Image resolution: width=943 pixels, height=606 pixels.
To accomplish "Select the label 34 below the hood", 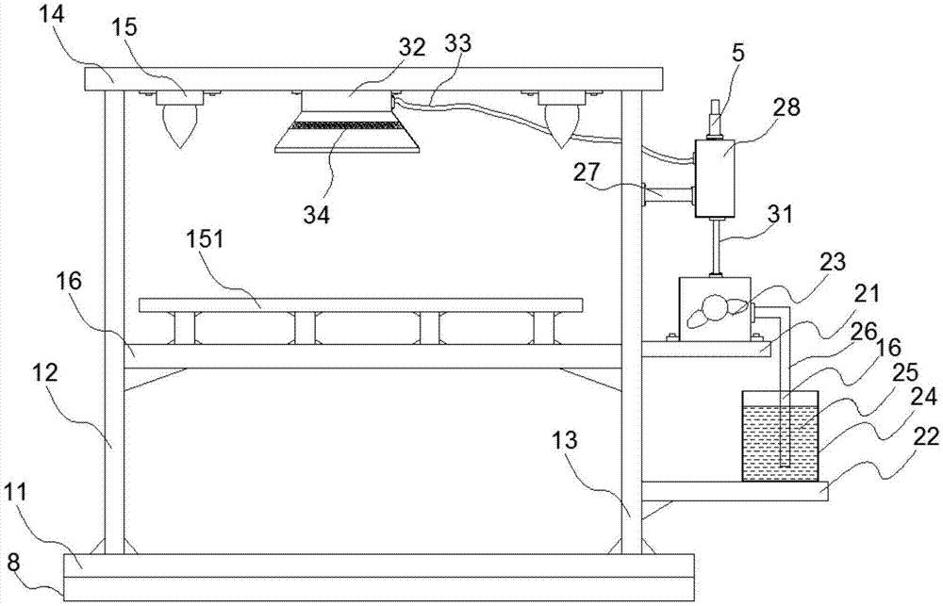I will coord(316,215).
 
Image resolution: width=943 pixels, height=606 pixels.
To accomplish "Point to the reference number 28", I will coord(786,106).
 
